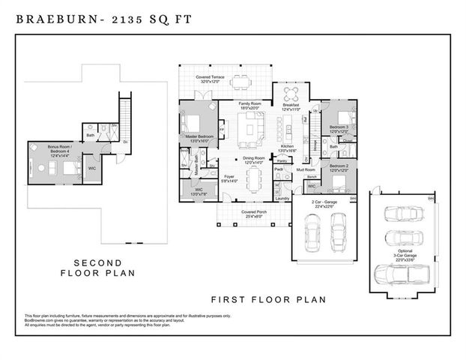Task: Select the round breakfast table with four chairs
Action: (291, 93)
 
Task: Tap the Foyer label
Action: (230, 178)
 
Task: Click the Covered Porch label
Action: (254, 213)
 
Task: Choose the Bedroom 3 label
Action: (339, 128)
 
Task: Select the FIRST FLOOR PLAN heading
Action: (268, 299)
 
